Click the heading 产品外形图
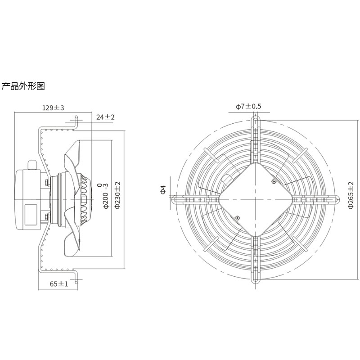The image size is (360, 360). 23,86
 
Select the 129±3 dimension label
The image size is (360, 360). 53,108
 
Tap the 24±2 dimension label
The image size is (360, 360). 105,117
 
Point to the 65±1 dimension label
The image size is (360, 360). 59,284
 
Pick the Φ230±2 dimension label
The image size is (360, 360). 117,195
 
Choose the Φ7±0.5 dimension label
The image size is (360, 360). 248,106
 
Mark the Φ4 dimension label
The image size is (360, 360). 163,189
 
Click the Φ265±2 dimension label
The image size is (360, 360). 351,195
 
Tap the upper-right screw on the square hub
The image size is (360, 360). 274,181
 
